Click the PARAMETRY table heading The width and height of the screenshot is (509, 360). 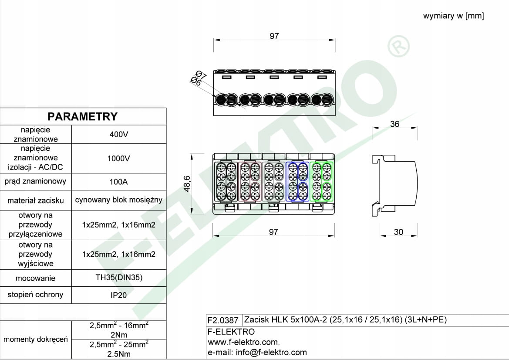coord(83,116)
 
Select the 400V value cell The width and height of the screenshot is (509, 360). coord(118,134)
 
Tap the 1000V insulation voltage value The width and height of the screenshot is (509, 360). coord(118,158)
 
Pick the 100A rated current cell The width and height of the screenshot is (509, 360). coord(118,181)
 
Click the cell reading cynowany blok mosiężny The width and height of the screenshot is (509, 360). coord(118,200)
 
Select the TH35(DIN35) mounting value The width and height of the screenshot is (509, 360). coord(118,278)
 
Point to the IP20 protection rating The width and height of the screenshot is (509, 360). coord(118,295)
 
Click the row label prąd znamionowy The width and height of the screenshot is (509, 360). coord(35,181)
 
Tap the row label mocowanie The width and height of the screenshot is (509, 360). coord(35,278)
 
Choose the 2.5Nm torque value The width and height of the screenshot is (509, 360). coord(118,354)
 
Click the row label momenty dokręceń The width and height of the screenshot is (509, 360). coord(35,339)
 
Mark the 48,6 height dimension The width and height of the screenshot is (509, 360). coord(187,183)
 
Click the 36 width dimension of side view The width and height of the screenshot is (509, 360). coord(394,124)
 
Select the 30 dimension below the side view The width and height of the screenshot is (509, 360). coord(398,232)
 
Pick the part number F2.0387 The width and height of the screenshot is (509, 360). coord(223,320)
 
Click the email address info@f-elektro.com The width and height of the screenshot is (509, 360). coord(271,352)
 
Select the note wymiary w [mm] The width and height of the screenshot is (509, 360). coord(453,16)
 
